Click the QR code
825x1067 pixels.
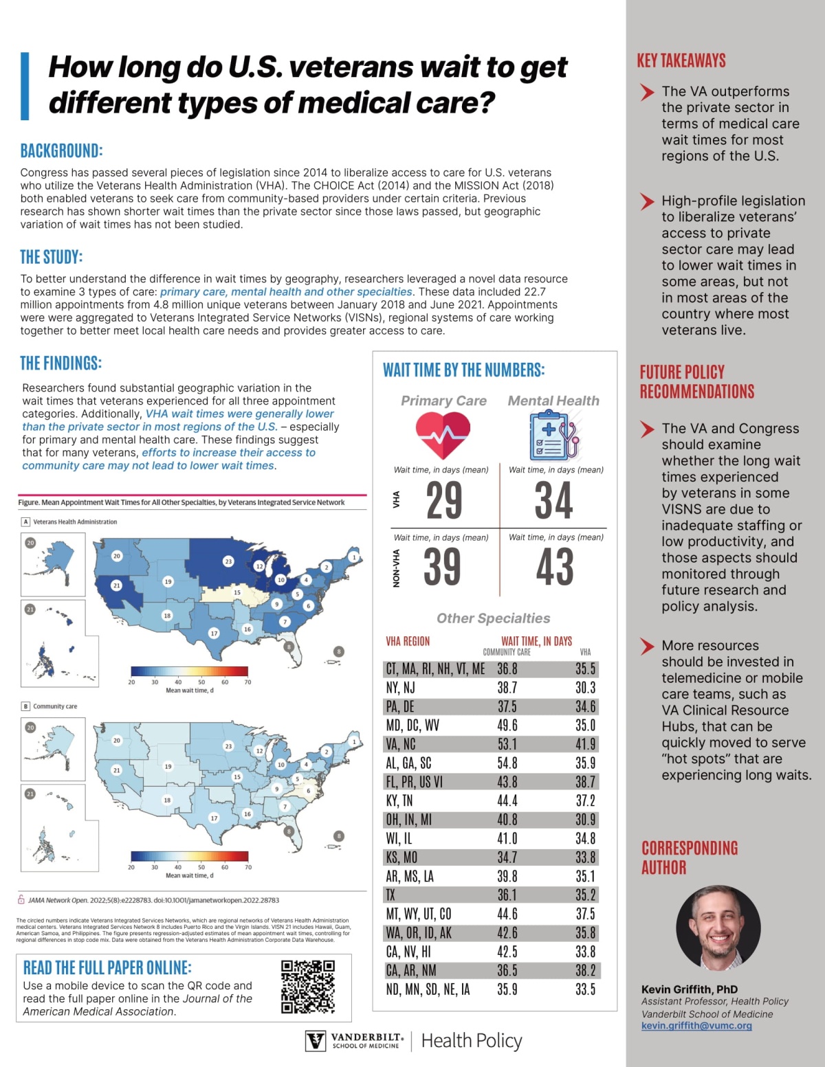308,987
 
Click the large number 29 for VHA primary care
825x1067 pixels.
444,500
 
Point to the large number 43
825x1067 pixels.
555,567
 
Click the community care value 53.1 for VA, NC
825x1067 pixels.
507,744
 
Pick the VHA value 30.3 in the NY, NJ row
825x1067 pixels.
585,688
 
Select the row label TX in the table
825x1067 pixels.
391,895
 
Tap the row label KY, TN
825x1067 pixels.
399,801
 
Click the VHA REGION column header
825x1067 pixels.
408,641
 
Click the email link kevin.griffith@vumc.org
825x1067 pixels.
696,1026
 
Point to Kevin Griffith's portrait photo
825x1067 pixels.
718,928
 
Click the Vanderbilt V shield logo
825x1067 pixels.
316,1041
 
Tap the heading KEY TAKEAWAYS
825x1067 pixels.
681,60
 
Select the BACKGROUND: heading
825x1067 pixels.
61,150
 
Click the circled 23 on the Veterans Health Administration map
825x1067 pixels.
228,561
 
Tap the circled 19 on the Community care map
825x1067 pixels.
168,766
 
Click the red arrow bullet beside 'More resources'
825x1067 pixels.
647,646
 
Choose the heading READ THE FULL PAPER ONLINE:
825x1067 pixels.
107,967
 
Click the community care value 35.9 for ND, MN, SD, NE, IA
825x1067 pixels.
507,989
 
